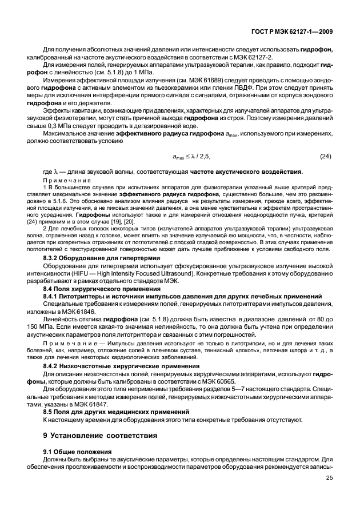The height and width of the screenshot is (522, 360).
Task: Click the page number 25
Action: [x=329, y=478]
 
